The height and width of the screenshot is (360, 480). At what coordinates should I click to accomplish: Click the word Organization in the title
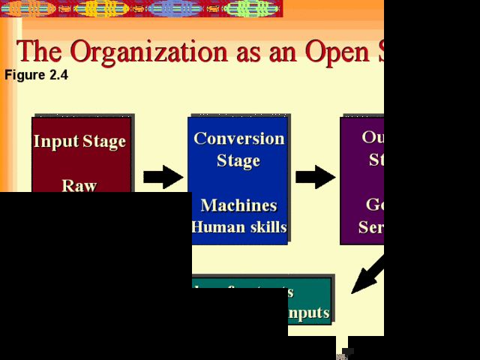click(158, 51)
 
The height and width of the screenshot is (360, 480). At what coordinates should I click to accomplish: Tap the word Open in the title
click(333, 51)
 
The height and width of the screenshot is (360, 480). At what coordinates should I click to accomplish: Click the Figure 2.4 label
click(36, 75)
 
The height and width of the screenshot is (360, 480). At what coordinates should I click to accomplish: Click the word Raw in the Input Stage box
click(79, 185)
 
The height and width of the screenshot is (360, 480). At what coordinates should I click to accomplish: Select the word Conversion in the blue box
click(238, 138)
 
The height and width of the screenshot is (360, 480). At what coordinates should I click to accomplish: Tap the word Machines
click(238, 205)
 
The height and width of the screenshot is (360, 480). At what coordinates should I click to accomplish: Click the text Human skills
click(238, 226)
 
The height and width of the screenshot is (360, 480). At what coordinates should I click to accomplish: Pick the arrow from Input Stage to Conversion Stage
click(163, 177)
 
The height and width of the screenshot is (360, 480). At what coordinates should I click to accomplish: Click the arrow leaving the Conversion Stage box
click(315, 177)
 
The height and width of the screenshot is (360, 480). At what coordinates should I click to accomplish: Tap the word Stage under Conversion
click(238, 160)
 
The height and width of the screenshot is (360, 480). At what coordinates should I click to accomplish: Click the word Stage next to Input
click(105, 141)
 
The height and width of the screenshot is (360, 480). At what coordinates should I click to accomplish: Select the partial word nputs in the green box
click(307, 312)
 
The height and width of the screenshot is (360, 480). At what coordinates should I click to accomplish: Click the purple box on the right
click(362, 180)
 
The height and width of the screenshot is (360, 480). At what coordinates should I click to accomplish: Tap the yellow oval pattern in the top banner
click(105, 9)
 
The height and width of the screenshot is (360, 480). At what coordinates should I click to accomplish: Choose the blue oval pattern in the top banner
click(174, 9)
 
